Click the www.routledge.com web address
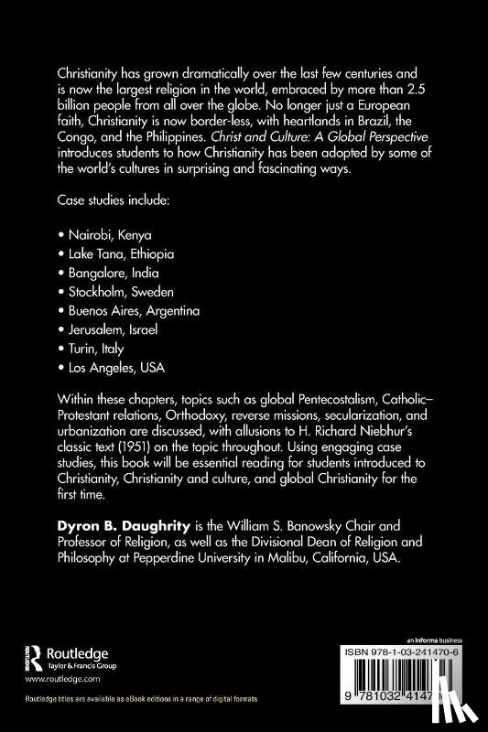[60, 681]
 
